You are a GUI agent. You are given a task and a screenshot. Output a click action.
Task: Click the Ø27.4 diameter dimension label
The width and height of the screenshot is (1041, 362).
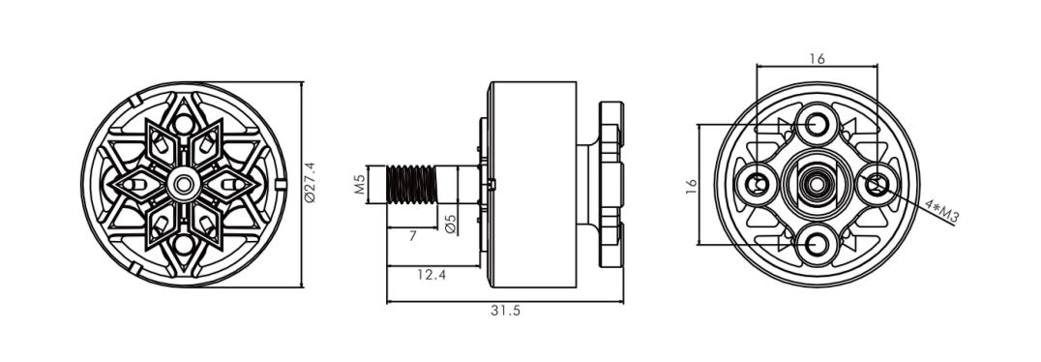click(310, 182)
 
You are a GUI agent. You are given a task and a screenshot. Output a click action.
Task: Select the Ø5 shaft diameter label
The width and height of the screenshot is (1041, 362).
click(451, 224)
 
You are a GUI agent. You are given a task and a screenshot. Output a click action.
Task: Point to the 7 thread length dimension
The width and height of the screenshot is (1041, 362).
click(412, 236)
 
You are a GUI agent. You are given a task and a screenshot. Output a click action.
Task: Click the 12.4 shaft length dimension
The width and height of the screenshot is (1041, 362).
click(431, 274)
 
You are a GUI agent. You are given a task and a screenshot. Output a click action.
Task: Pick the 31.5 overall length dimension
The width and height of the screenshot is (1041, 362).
click(505, 310)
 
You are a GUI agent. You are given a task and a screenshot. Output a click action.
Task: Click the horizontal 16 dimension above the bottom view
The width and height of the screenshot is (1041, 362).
click(817, 59)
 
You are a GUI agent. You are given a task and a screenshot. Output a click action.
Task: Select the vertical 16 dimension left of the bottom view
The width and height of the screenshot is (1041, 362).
click(691, 185)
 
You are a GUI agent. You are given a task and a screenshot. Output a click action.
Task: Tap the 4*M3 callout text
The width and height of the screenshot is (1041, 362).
click(942, 211)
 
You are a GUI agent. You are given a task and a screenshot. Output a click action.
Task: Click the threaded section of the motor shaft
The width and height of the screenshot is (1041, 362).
click(411, 184)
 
